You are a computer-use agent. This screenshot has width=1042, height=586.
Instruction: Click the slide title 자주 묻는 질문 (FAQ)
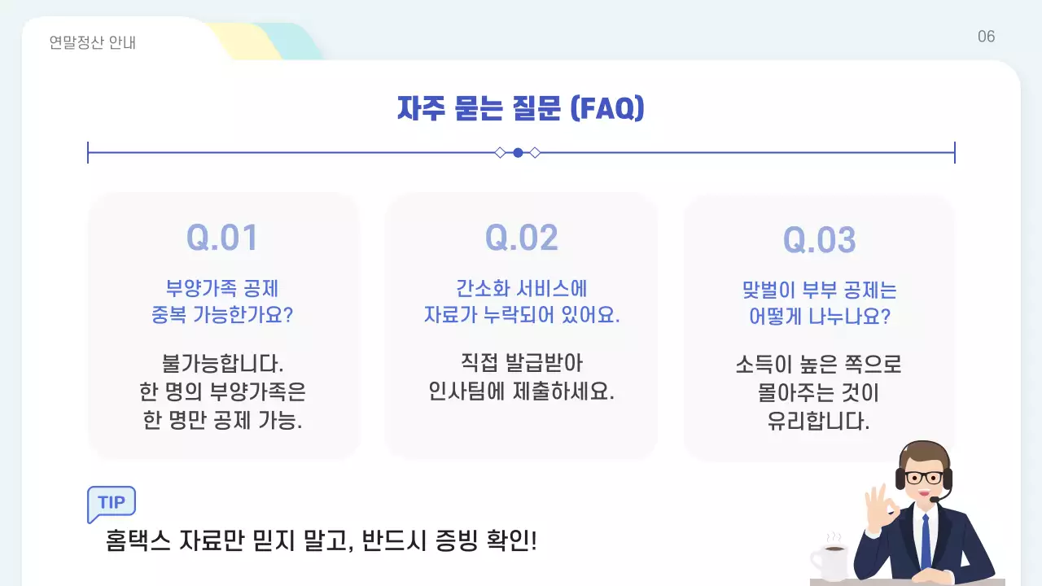(x=520, y=108)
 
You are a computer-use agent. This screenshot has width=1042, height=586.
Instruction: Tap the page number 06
(x=986, y=37)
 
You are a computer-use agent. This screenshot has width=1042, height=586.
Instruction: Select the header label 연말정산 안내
(x=93, y=42)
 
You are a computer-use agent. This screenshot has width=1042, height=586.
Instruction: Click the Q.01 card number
(x=222, y=238)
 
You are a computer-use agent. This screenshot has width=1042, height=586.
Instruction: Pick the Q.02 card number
(x=521, y=238)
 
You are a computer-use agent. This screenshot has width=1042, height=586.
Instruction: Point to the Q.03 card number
(x=819, y=240)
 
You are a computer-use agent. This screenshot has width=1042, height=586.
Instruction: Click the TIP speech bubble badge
(x=112, y=502)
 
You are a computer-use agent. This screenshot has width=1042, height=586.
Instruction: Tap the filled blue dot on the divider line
(x=518, y=152)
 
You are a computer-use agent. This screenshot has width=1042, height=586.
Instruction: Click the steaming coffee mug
(x=830, y=561)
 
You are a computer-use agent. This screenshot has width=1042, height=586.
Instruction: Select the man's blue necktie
(x=925, y=541)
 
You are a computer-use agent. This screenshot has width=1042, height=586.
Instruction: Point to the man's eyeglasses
(x=925, y=478)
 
